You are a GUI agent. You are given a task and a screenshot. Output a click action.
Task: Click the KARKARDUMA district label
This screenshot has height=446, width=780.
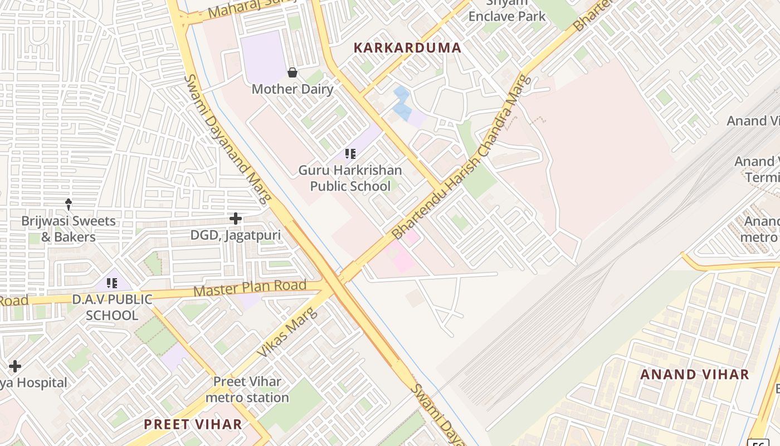pyautogui.click(x=408, y=48)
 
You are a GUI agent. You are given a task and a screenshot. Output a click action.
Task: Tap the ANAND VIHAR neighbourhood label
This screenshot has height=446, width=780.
pyautogui.click(x=694, y=375)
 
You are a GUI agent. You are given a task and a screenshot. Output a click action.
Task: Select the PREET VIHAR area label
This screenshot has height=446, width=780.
pyautogui.click(x=193, y=424)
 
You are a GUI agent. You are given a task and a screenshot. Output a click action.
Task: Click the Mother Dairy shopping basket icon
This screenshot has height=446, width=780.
pyautogui.click(x=292, y=72)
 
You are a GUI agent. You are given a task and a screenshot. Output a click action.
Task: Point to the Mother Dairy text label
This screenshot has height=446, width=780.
pyautogui.click(x=292, y=89)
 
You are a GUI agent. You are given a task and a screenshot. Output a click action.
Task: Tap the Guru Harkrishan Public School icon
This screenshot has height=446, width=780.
pyautogui.click(x=350, y=153)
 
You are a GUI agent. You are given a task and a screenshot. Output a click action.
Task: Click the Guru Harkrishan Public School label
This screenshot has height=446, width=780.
pyautogui.click(x=350, y=178)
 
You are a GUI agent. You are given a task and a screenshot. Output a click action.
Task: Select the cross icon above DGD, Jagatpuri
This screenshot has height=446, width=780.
pyautogui.click(x=236, y=219)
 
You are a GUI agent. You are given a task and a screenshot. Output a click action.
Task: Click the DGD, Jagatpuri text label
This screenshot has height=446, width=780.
pyautogui.click(x=236, y=235)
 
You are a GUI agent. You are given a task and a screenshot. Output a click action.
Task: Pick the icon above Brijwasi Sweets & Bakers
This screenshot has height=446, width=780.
pyautogui.click(x=69, y=204)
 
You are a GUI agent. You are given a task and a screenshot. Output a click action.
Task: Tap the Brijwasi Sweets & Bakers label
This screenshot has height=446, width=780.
pyautogui.click(x=69, y=229)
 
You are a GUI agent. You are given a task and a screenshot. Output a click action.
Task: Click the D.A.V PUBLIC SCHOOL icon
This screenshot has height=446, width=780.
pyautogui.click(x=111, y=283)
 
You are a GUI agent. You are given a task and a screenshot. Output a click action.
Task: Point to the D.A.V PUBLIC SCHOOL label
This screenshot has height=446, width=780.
pyautogui.click(x=111, y=307)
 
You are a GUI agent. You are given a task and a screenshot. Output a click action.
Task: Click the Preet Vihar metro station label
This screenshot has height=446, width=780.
pyautogui.click(x=247, y=390)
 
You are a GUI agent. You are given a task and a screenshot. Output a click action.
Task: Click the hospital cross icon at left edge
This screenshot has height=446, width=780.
pyautogui.click(x=15, y=366)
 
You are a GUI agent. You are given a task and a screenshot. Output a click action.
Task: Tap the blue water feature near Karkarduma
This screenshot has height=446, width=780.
pyautogui.click(x=402, y=104)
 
